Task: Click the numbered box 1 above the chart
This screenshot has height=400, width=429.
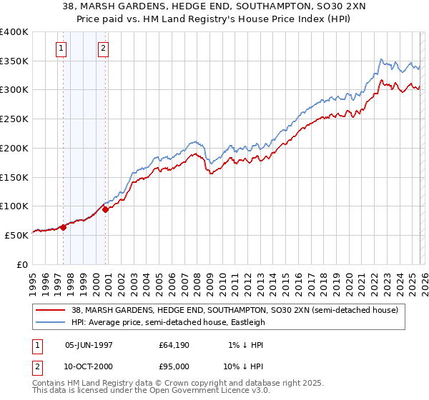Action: (61, 49)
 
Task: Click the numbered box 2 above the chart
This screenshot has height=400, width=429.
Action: (103, 49)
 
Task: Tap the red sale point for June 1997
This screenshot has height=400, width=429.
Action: (63, 227)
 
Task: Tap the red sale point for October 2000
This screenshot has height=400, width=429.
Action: (105, 209)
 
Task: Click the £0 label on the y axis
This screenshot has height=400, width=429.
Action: (23, 264)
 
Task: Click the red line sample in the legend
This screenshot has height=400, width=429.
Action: (50, 310)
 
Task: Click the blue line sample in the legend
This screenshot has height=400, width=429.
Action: (50, 322)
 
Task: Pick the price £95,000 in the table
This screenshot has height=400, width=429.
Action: (174, 365)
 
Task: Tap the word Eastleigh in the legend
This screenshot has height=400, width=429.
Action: (245, 322)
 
